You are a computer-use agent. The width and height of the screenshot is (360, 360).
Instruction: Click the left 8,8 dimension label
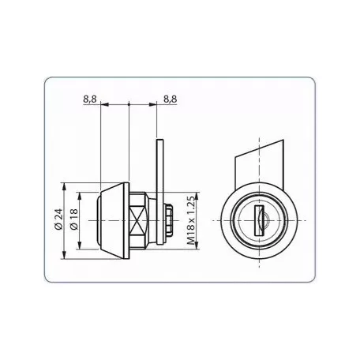click(x=90, y=99)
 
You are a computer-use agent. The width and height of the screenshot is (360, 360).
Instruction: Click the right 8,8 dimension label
click(x=171, y=99)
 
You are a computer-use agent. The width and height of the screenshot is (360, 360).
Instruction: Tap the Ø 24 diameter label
click(x=58, y=219)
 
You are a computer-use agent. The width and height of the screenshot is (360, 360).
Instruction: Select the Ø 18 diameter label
click(x=74, y=219)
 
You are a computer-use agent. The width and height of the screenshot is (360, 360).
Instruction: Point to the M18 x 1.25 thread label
click(x=191, y=221)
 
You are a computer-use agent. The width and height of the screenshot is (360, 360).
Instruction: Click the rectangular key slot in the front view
click(x=259, y=220)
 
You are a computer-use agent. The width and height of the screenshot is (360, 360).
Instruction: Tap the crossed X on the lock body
click(x=137, y=220)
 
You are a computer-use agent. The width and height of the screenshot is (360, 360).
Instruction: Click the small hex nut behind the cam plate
click(x=168, y=220)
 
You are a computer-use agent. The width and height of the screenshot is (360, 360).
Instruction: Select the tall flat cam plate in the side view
click(x=160, y=191)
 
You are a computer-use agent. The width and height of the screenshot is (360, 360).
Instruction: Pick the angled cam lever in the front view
click(x=260, y=163)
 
